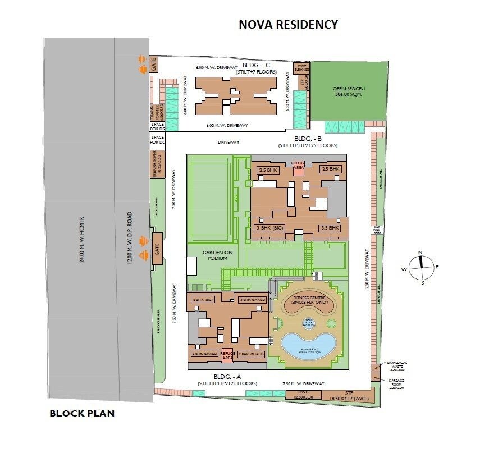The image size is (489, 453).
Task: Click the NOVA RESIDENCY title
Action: [289, 24]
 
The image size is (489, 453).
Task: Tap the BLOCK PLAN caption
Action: [82, 414]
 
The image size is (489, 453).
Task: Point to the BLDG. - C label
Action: [255, 65]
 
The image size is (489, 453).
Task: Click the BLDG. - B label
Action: [308, 139]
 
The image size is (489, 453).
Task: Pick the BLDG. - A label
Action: [227, 376]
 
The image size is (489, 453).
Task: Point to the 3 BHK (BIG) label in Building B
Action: [269, 228]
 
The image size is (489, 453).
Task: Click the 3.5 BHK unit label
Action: [330, 228]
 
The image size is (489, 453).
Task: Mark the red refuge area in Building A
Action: [227, 355]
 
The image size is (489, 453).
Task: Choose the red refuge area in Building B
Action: [298, 167]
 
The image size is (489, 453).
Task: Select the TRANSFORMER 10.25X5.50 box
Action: [157, 164]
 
